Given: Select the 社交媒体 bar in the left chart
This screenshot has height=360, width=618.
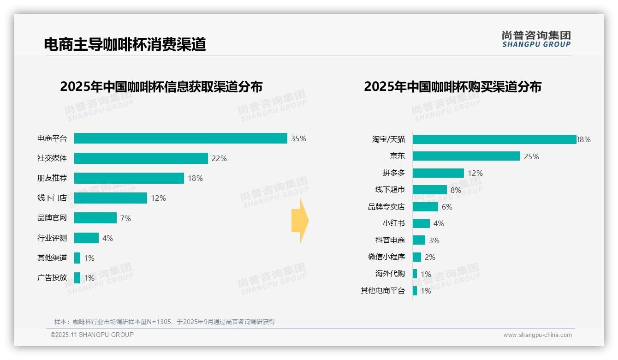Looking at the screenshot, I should pyautogui.click(x=141, y=158).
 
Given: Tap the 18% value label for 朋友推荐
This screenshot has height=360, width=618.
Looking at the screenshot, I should pyautogui.click(x=195, y=178).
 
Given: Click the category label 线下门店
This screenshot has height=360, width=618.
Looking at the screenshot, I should pyautogui.click(x=52, y=198).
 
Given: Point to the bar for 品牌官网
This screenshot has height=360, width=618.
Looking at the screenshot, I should pyautogui.click(x=95, y=218).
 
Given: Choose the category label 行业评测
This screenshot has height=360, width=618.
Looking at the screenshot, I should pyautogui.click(x=52, y=238).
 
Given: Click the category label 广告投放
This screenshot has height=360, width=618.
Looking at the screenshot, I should pyautogui.click(x=52, y=278).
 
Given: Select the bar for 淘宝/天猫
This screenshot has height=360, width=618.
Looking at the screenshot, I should pyautogui.click(x=494, y=139).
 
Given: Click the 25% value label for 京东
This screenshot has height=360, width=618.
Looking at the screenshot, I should pyautogui.click(x=531, y=156).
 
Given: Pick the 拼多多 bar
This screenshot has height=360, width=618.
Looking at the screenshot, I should pyautogui.click(x=438, y=173).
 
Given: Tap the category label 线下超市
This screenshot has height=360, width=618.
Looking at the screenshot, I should pyautogui.click(x=390, y=190).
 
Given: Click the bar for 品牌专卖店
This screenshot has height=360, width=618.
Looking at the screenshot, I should pyautogui.click(x=425, y=207).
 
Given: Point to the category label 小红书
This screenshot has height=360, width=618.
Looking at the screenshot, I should pyautogui.click(x=394, y=223).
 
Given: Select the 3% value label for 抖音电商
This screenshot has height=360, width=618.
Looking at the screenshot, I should pyautogui.click(x=434, y=240).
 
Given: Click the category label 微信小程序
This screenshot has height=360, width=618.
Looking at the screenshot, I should pyautogui.click(x=386, y=257).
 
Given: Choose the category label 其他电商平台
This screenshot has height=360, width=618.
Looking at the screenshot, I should pyautogui.click(x=383, y=291).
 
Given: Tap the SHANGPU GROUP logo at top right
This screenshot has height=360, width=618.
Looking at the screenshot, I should pyautogui.click(x=536, y=39).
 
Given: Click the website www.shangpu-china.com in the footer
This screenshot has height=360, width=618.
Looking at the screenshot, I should pyautogui.click(x=537, y=335).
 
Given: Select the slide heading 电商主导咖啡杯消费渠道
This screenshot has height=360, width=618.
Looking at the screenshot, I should pyautogui.click(x=125, y=44).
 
